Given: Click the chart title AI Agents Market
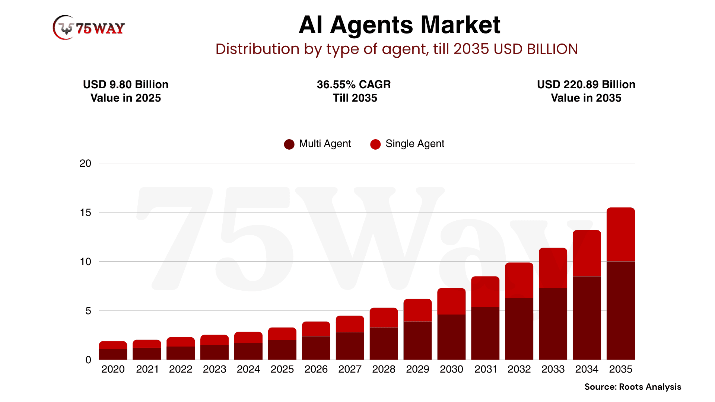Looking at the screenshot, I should point(399,25).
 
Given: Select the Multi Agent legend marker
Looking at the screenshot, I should point(289,144).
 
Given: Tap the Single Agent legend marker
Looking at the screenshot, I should point(375,144).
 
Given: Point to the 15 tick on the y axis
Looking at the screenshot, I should point(85,213).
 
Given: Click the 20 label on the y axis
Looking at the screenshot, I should point(85,163).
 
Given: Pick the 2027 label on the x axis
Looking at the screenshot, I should point(350,369).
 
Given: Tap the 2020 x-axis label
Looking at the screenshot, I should point(113,369).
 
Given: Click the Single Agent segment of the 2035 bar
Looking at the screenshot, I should point(620,234).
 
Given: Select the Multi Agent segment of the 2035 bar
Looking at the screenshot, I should point(620,311).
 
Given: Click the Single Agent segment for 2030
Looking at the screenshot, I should point(451,301).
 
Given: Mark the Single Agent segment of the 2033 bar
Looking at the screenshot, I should point(553,268).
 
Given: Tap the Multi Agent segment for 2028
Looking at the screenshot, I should point(384,344).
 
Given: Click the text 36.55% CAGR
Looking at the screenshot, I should point(354,84).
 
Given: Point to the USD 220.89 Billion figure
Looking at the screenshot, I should point(586,84).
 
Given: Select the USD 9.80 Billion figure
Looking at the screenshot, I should point(125,84).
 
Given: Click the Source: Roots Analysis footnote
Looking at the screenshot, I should point(633,387).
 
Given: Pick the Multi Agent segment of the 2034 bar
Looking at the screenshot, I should point(587,318).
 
